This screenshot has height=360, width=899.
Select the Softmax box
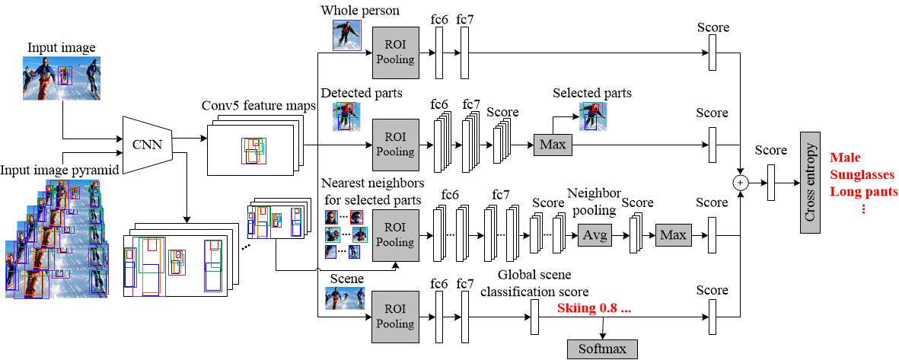[x=602, y=348]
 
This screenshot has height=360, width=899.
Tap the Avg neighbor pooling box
[x=595, y=236]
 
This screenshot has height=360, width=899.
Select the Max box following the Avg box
[x=672, y=236]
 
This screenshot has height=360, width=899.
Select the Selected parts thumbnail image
[x=592, y=116]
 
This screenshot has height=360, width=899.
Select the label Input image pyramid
[x=60, y=169]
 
